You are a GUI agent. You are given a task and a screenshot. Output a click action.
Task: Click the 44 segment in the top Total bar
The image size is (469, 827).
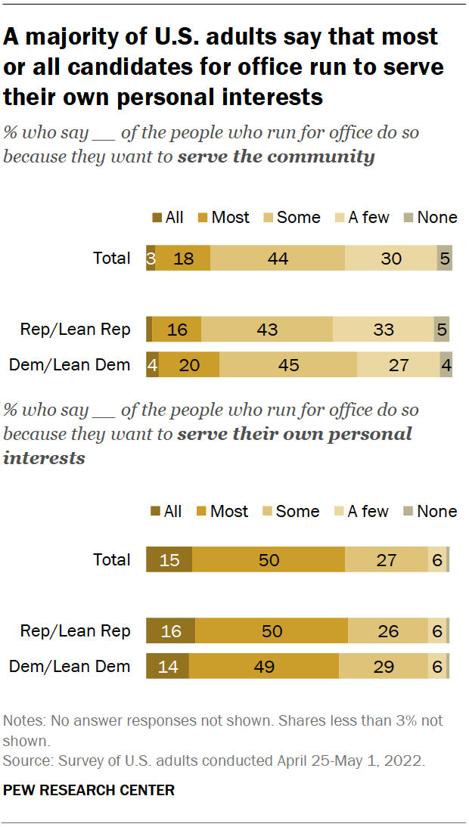click(278, 259)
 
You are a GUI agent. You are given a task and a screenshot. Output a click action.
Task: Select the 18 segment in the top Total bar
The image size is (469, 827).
click(182, 259)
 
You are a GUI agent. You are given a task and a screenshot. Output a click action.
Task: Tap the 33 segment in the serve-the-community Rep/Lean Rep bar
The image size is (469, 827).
click(383, 330)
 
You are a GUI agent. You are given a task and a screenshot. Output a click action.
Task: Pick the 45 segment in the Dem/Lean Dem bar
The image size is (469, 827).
click(288, 364)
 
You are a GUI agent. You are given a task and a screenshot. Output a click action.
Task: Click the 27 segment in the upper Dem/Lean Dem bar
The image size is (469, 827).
click(398, 364)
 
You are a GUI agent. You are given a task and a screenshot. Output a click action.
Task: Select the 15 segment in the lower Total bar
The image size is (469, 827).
click(169, 559)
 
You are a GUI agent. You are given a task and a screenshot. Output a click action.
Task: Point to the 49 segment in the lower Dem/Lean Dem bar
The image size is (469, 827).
click(263, 666)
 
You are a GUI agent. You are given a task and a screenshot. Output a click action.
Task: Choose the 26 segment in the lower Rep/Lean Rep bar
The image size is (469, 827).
click(387, 630)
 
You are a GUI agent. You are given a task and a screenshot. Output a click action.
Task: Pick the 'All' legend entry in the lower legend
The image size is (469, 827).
click(166, 512)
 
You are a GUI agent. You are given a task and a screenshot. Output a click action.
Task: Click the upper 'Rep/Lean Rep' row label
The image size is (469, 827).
click(75, 330)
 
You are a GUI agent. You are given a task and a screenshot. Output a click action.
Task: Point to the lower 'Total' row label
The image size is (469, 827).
click(111, 559)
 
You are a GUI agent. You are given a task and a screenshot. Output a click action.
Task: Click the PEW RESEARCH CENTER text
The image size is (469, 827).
click(89, 790)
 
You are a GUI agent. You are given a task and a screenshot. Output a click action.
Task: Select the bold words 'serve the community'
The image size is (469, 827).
click(276, 157)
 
